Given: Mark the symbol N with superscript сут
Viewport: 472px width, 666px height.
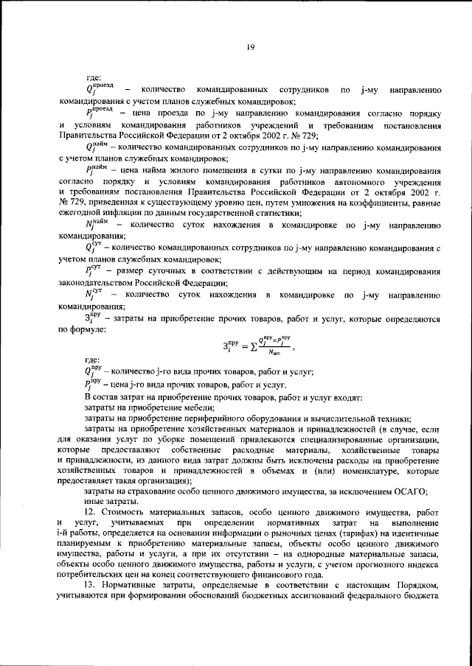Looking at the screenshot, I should click(93, 297).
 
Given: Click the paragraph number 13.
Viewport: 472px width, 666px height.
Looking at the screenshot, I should click(91, 584).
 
